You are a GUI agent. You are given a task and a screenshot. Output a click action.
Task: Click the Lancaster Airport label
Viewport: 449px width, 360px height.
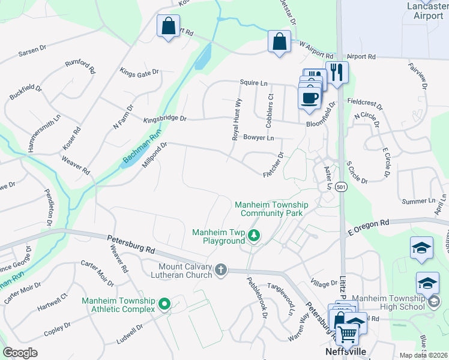(423, 11)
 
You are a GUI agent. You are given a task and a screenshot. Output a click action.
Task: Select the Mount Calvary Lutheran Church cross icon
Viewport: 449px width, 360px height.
(221, 270)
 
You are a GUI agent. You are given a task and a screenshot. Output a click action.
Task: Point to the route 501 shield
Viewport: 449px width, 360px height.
(341, 187)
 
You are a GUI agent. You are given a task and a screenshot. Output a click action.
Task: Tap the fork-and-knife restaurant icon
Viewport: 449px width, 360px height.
(337, 73)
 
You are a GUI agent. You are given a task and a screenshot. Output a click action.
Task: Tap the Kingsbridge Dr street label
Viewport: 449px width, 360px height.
(165, 119)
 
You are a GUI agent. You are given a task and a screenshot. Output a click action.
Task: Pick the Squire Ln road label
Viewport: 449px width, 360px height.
(253, 83)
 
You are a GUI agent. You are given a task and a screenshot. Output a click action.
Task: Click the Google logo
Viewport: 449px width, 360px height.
(20, 353)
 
